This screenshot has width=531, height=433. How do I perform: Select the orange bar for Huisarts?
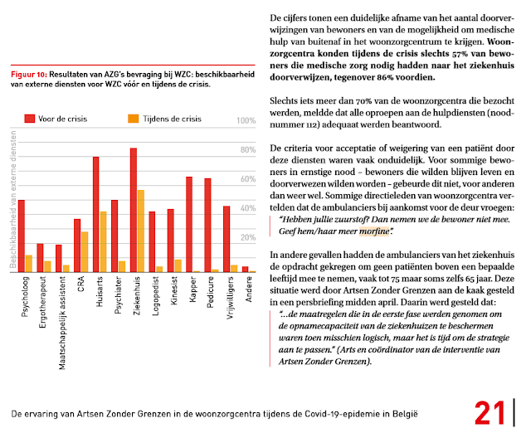[x=104, y=241]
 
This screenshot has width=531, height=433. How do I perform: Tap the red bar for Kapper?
[x=189, y=224]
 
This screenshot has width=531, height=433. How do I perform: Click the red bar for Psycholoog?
[x=21, y=236]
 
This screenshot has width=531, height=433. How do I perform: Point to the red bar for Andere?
[x=246, y=269]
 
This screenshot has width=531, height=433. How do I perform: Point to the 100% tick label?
[x=246, y=121]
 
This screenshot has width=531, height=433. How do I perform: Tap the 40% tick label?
[x=246, y=208]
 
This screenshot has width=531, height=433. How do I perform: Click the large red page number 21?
[x=491, y=413]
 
